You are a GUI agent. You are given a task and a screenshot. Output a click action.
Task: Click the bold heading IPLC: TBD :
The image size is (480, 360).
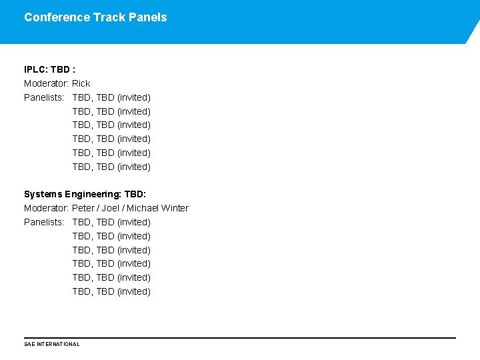click(49, 69)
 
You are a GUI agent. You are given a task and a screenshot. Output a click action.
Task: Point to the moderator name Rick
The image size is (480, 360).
click(81, 83)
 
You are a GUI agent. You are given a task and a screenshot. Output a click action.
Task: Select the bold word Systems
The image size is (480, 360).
click(43, 194)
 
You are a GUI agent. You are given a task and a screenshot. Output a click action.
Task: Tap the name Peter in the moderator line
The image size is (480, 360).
click(84, 208)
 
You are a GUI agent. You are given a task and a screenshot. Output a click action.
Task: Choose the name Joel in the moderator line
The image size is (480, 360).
click(111, 208)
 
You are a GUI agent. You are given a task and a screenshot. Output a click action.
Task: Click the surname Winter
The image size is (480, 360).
click(175, 208)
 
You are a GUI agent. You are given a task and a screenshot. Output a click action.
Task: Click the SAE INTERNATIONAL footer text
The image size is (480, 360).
click(51, 344)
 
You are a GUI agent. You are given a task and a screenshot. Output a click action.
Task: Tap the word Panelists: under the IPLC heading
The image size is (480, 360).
click(44, 97)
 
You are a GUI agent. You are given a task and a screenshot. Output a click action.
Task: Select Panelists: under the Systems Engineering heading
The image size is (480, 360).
click(44, 222)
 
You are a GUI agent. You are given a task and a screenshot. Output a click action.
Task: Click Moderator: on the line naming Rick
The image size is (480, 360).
click(46, 83)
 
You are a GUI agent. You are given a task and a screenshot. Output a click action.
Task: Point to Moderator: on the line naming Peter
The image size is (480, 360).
click(46, 208)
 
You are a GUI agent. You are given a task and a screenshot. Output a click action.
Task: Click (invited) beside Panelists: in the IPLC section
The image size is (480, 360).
click(134, 97)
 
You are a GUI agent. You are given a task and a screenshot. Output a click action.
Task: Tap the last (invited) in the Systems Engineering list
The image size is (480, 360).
click(134, 291)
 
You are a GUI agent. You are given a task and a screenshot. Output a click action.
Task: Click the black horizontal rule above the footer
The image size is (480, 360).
click(240, 338)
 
